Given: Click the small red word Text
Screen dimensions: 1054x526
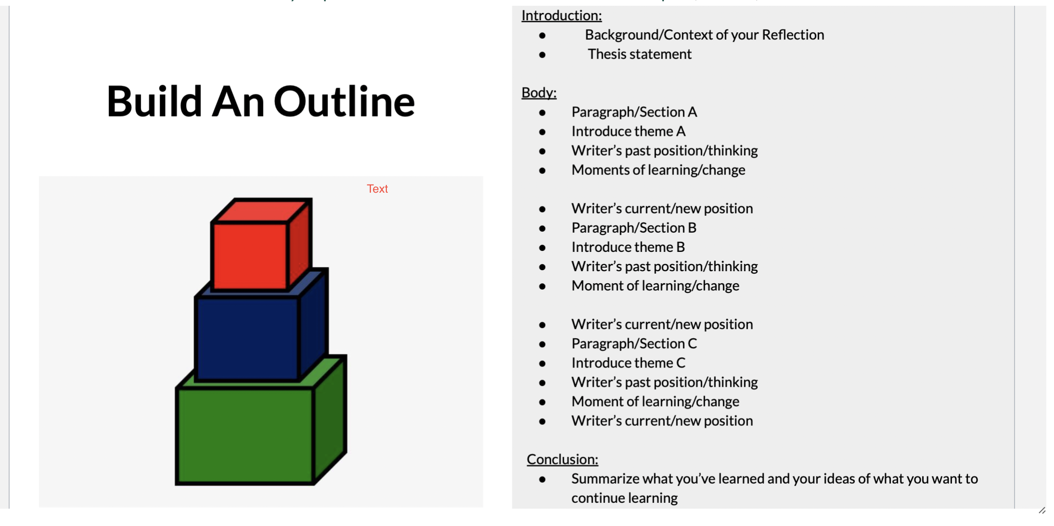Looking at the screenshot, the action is (x=377, y=189).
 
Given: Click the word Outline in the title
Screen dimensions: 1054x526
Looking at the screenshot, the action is (x=344, y=102).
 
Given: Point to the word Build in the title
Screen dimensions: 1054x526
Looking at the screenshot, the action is (x=154, y=102).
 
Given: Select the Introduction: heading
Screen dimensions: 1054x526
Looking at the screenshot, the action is (x=561, y=16).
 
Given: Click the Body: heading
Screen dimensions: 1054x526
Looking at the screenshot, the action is (x=539, y=92).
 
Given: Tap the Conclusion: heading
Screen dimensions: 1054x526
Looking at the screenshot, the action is (x=562, y=460).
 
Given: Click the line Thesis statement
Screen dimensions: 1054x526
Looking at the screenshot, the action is (x=639, y=54).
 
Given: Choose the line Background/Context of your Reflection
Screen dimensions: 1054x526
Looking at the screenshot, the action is (x=704, y=35).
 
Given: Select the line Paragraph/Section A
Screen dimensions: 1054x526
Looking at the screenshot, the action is (x=634, y=112).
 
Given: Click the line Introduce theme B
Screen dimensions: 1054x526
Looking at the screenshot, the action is (x=628, y=247).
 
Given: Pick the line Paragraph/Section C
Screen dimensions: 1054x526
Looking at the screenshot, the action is (x=634, y=343).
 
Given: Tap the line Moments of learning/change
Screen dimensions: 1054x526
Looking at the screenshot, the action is (x=658, y=170).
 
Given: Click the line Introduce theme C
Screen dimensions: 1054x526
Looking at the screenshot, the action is (x=628, y=363).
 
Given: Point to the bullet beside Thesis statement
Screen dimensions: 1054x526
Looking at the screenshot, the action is (x=542, y=55).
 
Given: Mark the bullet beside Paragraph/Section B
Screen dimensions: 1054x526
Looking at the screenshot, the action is (x=542, y=228).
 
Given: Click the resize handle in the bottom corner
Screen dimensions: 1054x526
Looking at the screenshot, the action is (x=1042, y=511).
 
